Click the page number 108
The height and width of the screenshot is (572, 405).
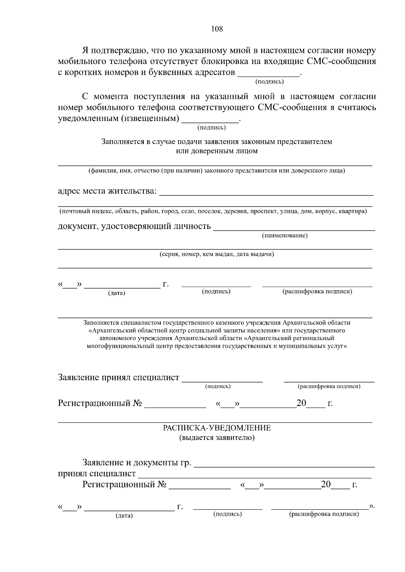coord(217,29)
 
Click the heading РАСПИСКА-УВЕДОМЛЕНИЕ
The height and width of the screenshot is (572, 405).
coord(217,428)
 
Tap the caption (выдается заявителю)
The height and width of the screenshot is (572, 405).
coord(217,438)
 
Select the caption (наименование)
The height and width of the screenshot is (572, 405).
coord(285,236)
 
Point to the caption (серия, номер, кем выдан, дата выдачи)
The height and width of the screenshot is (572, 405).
coord(217,254)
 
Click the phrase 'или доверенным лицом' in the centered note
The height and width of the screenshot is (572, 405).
coord(217,151)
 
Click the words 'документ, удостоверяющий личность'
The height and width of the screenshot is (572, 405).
coord(134,226)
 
